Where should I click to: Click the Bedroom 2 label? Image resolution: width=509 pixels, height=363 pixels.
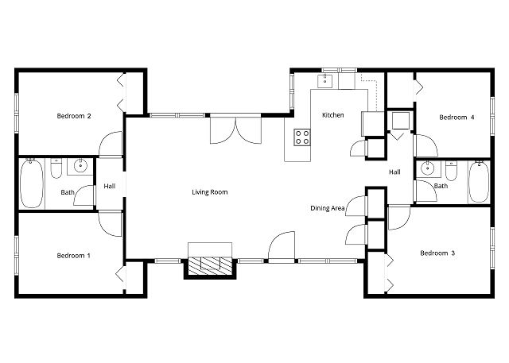click(x=74, y=116)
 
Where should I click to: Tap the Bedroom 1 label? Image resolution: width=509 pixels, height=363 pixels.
click(x=73, y=256)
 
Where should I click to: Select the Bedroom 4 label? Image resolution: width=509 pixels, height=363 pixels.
click(x=457, y=117)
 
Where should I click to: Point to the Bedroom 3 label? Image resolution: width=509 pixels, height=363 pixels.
click(x=437, y=253)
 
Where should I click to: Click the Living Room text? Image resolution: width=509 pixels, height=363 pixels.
click(x=210, y=192)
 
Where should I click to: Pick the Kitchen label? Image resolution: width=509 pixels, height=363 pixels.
click(x=332, y=115)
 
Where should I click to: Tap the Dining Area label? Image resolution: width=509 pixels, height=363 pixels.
click(x=327, y=208)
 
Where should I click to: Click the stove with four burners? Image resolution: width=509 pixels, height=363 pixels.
click(x=302, y=137)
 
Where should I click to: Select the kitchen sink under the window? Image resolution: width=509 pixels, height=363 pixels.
click(x=324, y=81)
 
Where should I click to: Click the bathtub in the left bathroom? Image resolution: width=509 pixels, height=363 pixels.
click(x=32, y=183)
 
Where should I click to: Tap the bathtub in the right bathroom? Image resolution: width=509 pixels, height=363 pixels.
click(x=479, y=182)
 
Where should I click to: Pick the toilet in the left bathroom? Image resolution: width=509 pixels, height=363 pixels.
click(x=56, y=168)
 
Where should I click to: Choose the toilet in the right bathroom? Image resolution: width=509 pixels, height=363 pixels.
click(x=451, y=171)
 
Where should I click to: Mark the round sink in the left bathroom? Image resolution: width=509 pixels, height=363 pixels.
click(x=80, y=166)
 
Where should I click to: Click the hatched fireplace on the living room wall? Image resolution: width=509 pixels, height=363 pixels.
click(x=210, y=265)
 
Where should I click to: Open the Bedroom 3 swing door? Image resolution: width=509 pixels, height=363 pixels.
click(x=399, y=218)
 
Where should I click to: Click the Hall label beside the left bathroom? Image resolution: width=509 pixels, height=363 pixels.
click(x=110, y=186)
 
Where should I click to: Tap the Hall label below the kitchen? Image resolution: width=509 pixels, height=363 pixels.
click(x=394, y=172)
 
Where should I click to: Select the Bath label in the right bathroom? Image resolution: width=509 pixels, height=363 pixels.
click(x=441, y=186)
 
